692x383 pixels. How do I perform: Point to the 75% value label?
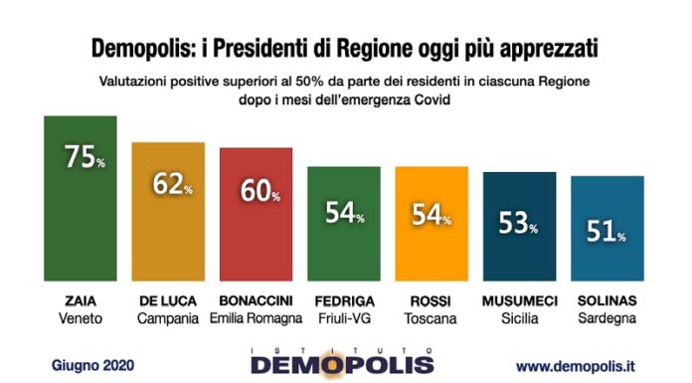pos(84,157)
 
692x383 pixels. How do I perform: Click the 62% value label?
pos(171,184)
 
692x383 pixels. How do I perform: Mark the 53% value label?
pos(519,226)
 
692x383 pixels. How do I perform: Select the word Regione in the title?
pos(357,47)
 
